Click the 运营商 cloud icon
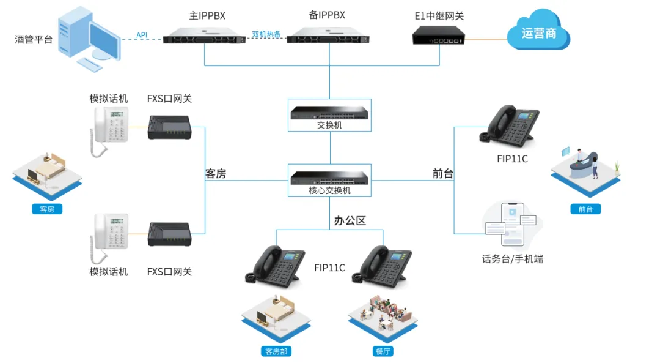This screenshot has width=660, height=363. [x=538, y=32]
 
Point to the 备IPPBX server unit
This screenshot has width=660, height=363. [x=328, y=35]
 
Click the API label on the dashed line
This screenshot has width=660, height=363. [x=142, y=36]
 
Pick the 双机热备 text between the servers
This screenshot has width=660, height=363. [x=266, y=34]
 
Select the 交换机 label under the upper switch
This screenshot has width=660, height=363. [x=330, y=125]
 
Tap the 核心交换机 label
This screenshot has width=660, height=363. [x=330, y=190]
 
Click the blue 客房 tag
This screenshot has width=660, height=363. [x=47, y=209]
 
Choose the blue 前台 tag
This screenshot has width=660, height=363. [x=585, y=209]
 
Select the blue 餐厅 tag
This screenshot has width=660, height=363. [x=383, y=351]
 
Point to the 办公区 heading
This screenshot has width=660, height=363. [x=350, y=221]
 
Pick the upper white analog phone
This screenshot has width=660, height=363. [x=109, y=129]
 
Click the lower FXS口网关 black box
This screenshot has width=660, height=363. [x=170, y=234]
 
